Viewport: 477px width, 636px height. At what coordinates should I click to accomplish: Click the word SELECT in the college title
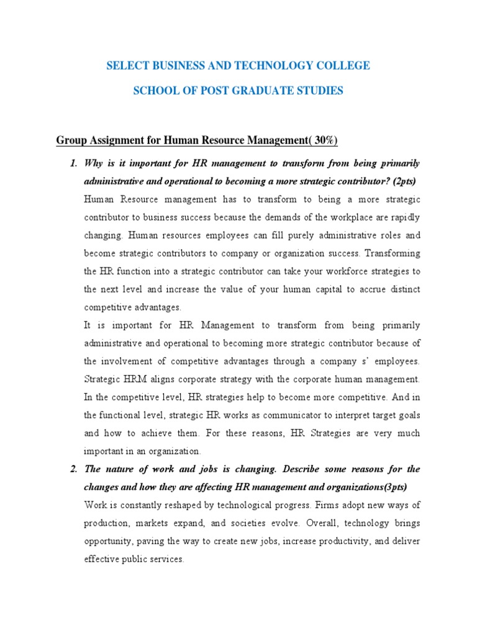click(127, 66)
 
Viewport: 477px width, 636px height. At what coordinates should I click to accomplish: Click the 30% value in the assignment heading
click(324, 140)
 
